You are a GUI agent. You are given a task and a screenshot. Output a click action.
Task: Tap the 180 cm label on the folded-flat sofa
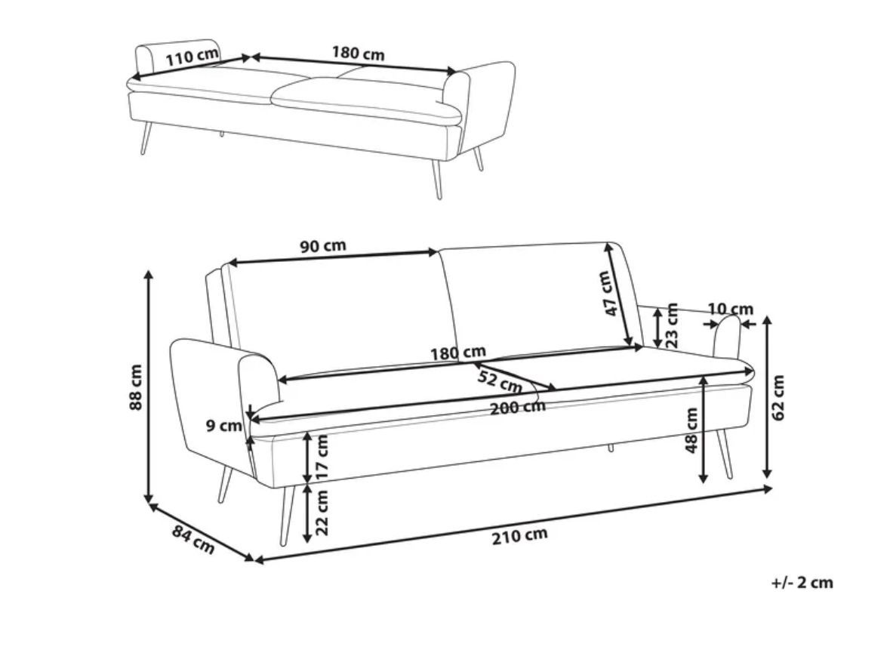tap(358, 54)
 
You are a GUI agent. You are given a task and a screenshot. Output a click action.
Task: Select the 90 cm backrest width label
tap(322, 246)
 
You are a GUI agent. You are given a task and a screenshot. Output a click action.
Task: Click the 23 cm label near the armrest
tap(672, 326)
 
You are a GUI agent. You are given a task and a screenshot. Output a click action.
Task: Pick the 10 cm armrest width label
tap(731, 310)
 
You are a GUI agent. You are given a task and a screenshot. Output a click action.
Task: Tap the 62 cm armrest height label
tap(778, 397)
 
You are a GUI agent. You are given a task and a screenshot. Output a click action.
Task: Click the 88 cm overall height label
tap(136, 387)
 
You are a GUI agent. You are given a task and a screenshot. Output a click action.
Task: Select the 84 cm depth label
tap(193, 540)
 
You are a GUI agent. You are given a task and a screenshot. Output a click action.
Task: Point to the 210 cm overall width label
tap(520, 535)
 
